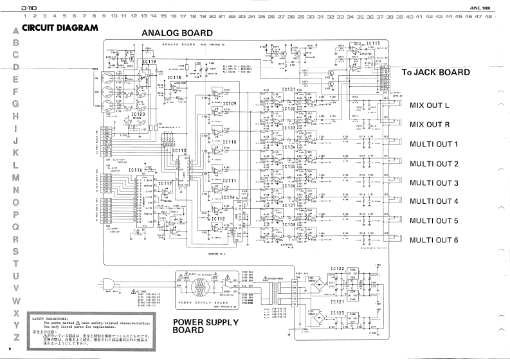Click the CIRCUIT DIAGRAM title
[60, 28]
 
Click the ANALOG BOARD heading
[177, 33]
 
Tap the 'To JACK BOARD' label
[435, 73]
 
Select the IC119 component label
[149, 62]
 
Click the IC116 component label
[135, 170]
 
